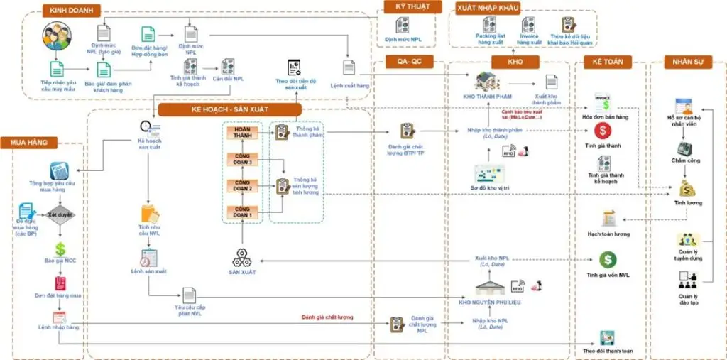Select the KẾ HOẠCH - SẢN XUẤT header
[230, 110]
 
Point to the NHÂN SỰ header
[687, 61]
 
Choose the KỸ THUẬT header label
[408, 7]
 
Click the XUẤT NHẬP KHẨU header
[488, 8]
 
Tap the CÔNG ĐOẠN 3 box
[241, 160]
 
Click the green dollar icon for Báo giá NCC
[60, 249]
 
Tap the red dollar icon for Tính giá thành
[603, 131]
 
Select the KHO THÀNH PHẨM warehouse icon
[487, 82]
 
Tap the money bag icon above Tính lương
[687, 187]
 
